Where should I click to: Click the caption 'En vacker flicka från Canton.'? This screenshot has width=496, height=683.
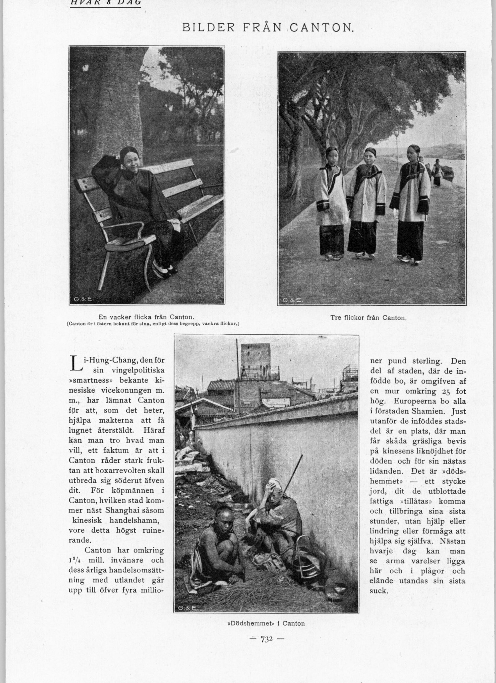tap(146, 317)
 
